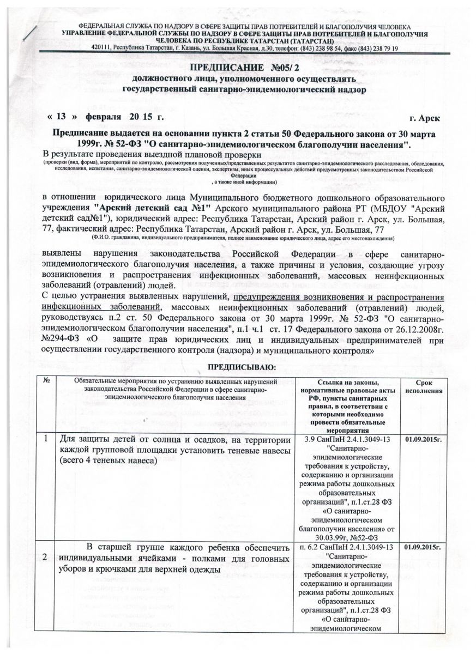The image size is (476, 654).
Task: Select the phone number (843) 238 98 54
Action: tap(312, 49)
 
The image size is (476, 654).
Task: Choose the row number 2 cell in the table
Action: tap(47, 555)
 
